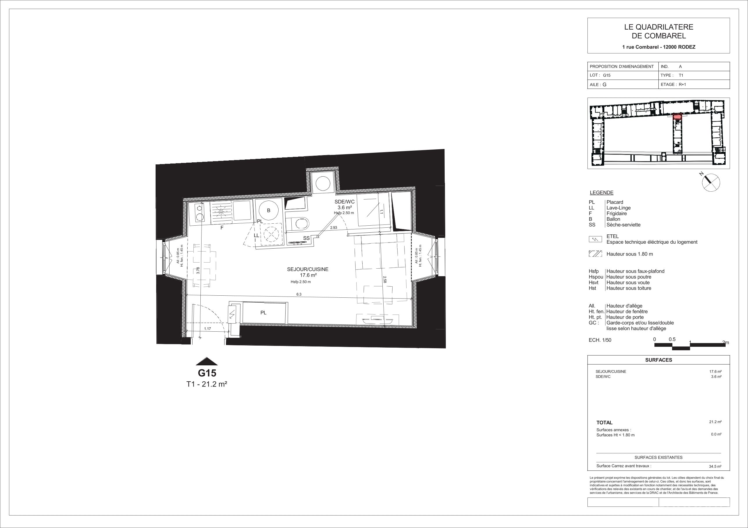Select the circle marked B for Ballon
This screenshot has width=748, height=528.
click(269, 211)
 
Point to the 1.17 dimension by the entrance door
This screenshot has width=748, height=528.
click(208, 328)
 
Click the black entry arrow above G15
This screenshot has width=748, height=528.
click(207, 361)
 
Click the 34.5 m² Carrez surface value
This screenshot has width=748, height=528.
click(715, 466)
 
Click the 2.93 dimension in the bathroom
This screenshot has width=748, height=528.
click(334, 228)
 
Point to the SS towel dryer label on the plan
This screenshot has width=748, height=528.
click(306, 238)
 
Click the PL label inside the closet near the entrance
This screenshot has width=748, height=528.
click(263, 313)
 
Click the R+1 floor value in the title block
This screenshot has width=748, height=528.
click(682, 84)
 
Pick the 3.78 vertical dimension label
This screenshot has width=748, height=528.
click(198, 271)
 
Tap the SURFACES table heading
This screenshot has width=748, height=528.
click(658, 360)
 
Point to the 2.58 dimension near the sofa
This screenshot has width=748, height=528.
click(384, 279)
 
